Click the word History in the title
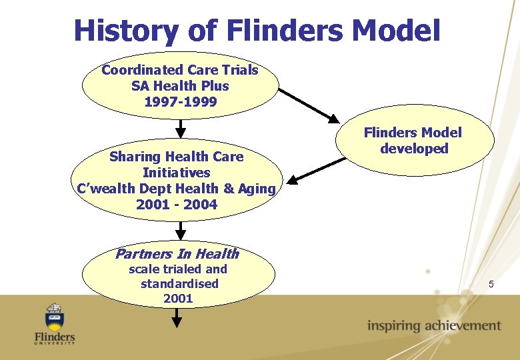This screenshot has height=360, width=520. pyautogui.click(x=125, y=31)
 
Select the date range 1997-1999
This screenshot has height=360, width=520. pyautogui.click(x=180, y=102)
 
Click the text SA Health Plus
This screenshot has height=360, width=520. pyautogui.click(x=180, y=86)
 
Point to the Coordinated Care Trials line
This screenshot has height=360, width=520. pyautogui.click(x=180, y=70)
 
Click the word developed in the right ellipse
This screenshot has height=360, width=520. pyautogui.click(x=414, y=149)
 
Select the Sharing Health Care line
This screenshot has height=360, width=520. pyautogui.click(x=177, y=157)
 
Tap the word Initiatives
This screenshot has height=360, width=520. pyautogui.click(x=177, y=173)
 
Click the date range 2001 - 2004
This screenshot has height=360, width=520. pyautogui.click(x=177, y=205)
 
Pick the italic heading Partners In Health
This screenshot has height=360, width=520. pyautogui.click(x=177, y=253)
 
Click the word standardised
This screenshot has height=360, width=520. pyautogui.click(x=179, y=284)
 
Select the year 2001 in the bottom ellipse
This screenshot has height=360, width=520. pyautogui.click(x=178, y=299)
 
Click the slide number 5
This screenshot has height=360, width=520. pyautogui.click(x=491, y=285)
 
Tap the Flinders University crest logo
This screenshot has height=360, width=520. pyautogui.click(x=55, y=315)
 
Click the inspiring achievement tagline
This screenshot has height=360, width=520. pyautogui.click(x=433, y=326)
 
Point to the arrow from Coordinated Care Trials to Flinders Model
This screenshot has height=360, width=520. pyautogui.click(x=309, y=105)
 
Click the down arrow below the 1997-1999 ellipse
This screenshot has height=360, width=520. pyautogui.click(x=181, y=129)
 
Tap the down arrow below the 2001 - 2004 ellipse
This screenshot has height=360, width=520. pyautogui.click(x=181, y=231)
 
